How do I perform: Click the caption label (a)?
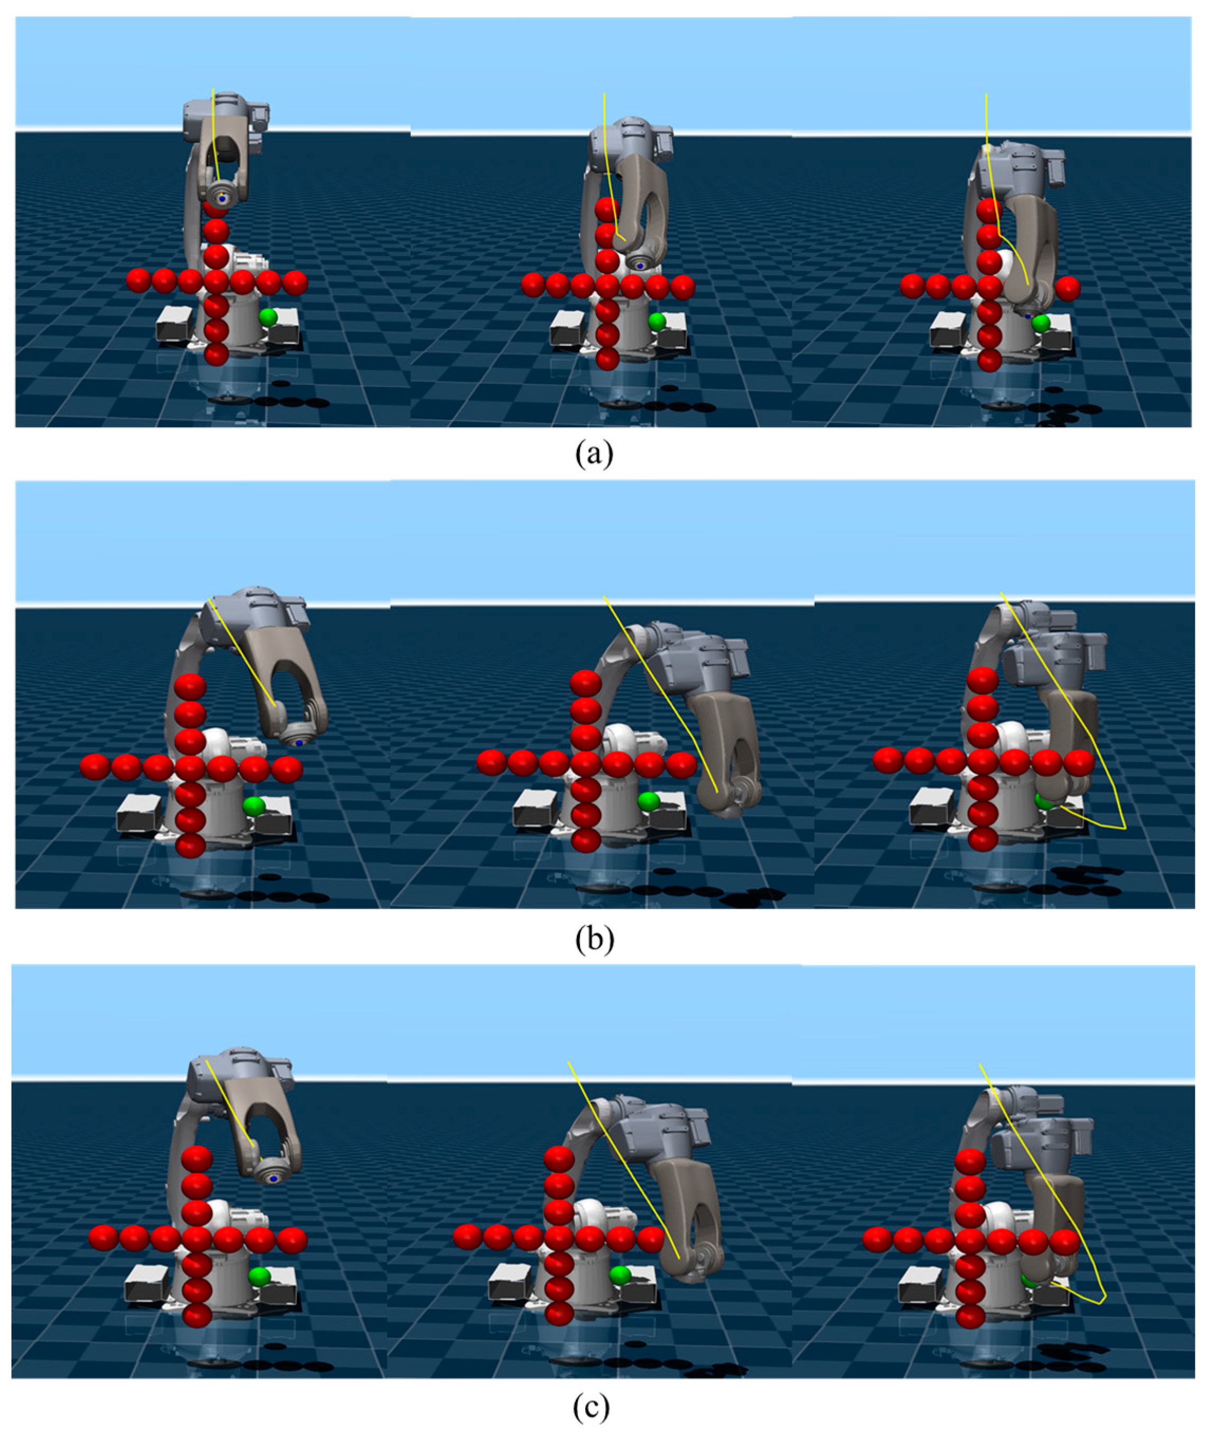click(x=594, y=455)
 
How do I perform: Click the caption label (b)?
click(x=594, y=938)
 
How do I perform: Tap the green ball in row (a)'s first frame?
click(x=268, y=317)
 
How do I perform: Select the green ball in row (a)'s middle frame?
click(x=657, y=321)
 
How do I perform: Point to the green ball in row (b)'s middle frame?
click(x=648, y=801)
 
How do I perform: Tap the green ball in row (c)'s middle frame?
click(x=620, y=1274)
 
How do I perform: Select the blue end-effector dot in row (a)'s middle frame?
click(x=641, y=265)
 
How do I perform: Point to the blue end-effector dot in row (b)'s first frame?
click(x=300, y=743)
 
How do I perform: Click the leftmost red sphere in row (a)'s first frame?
click(x=138, y=281)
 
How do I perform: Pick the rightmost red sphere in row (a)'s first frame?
click(x=295, y=281)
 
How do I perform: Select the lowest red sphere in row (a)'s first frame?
click(x=216, y=354)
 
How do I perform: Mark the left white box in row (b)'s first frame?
click(x=140, y=813)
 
